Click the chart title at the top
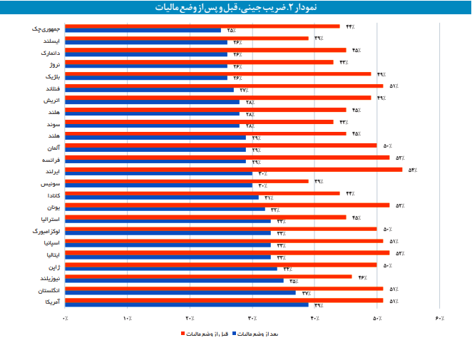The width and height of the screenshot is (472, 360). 235,8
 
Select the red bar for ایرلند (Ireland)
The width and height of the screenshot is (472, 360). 234,169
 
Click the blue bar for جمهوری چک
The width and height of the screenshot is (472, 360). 143,31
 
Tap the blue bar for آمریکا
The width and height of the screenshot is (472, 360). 187,304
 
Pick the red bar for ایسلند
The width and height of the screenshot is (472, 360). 187,38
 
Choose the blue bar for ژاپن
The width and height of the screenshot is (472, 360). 171,269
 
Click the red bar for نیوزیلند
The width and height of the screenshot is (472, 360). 209,277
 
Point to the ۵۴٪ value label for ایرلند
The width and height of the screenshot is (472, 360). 412,170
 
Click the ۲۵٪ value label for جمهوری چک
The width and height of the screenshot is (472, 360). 231,31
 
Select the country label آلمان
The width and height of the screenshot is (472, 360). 52,148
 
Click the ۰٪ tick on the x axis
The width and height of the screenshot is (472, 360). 66,318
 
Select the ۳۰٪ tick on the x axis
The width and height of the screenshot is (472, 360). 252,318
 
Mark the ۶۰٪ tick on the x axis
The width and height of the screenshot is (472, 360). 439,318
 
